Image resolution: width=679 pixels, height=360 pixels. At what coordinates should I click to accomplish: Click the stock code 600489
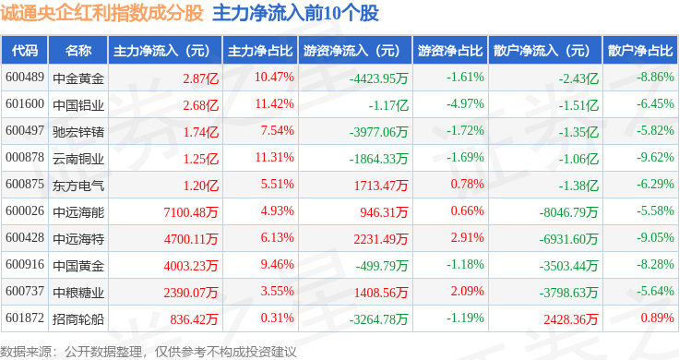[25, 78]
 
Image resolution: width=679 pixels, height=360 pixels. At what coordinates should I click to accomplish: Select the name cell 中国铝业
[78, 105]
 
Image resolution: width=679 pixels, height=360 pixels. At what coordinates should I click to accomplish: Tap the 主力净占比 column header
[260, 51]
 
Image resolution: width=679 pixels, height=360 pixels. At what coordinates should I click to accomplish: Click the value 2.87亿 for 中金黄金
[200, 78]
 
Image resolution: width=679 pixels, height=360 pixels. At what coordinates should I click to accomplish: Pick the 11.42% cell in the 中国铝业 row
[274, 104]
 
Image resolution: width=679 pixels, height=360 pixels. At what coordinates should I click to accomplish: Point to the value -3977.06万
[378, 132]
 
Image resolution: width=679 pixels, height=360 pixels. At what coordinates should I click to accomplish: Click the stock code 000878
[25, 157]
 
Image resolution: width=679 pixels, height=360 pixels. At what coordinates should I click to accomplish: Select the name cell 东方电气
[78, 186]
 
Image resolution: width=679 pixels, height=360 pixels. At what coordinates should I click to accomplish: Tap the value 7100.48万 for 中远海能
[191, 212]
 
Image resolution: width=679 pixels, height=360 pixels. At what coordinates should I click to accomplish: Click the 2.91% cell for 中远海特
[467, 237]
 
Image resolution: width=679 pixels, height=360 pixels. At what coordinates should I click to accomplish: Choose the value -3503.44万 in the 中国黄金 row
[568, 266]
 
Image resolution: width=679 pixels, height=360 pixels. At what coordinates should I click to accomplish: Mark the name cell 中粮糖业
[78, 293]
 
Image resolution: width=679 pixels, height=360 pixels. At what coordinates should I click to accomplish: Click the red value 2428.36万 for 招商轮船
[571, 319]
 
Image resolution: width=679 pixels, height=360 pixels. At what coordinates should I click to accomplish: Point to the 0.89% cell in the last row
[658, 318]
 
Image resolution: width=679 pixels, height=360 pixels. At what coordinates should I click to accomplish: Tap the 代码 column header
[25, 51]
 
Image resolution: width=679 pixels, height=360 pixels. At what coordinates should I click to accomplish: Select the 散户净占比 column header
[640, 51]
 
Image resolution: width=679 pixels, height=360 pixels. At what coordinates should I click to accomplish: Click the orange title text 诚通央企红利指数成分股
[101, 13]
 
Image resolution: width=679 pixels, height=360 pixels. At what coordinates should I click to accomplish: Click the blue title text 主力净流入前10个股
[296, 13]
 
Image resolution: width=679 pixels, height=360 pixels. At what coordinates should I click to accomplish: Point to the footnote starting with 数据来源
[149, 352]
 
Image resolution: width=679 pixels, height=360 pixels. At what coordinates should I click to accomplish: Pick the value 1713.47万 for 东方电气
[381, 186]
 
